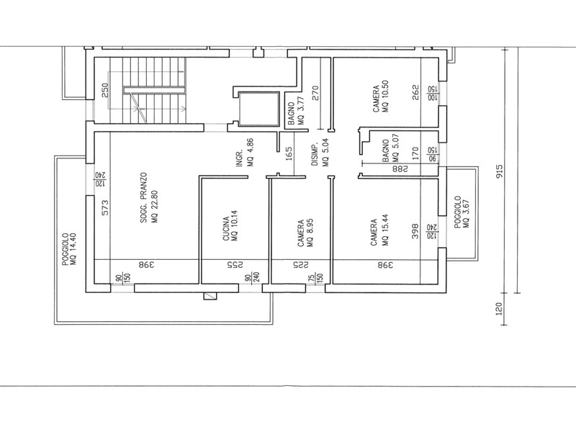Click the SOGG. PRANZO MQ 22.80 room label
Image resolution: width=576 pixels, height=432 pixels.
tap(149, 198)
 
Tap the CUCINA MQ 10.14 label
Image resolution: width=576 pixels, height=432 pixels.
tap(230, 225)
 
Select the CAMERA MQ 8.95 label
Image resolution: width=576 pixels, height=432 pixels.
tap(305, 233)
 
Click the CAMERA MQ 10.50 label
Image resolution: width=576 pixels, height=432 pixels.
tap(381, 96)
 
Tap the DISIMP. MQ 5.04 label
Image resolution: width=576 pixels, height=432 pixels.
tap(320, 152)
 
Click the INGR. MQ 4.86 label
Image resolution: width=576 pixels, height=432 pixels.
tap(245, 152)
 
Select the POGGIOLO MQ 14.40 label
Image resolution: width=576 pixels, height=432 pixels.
tap(69, 249)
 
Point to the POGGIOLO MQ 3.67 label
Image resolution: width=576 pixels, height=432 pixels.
tap(462, 212)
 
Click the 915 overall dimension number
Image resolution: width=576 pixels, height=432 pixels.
tap(500, 171)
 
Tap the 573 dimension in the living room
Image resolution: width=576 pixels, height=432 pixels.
tap(105, 207)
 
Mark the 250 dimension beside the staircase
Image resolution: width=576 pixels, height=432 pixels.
tap(105, 91)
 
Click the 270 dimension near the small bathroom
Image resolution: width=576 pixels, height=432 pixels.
tap(315, 94)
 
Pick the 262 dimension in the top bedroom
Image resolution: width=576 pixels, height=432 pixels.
tap(415, 93)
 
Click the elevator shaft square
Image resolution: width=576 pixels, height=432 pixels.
tap(259, 109)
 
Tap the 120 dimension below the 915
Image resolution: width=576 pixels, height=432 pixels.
tap(499, 309)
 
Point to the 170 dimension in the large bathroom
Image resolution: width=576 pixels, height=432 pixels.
tap(415, 153)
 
